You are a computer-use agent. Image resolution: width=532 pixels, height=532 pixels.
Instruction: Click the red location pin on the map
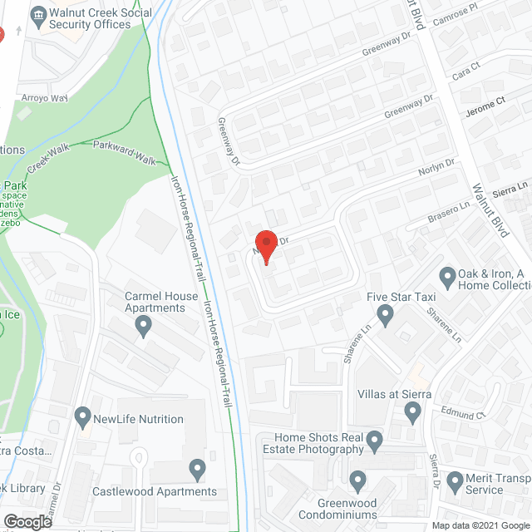point(264,245)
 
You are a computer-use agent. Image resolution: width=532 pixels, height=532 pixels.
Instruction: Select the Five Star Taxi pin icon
point(385,315)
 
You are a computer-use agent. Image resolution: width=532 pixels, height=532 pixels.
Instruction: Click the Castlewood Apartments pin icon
point(197,470)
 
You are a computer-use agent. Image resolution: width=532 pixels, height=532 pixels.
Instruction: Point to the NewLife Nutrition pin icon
point(82,415)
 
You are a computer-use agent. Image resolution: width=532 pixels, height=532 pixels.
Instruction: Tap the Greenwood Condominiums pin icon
point(358,480)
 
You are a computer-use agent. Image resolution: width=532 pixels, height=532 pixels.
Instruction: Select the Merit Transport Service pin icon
point(455,480)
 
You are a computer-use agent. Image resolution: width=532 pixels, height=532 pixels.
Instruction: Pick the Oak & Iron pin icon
point(447,276)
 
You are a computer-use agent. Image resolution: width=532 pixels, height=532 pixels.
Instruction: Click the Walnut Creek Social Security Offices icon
point(38,14)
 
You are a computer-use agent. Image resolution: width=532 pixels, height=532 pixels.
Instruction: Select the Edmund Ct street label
point(464,414)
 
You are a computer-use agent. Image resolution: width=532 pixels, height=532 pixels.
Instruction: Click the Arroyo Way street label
point(45,97)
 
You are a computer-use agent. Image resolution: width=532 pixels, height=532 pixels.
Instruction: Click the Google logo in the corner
point(27,521)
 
